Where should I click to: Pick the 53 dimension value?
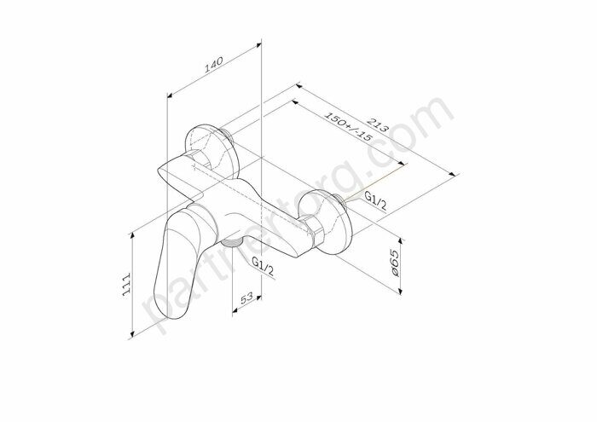pyautogui.click(x=246, y=299)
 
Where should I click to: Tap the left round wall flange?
pyautogui.click(x=207, y=149)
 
